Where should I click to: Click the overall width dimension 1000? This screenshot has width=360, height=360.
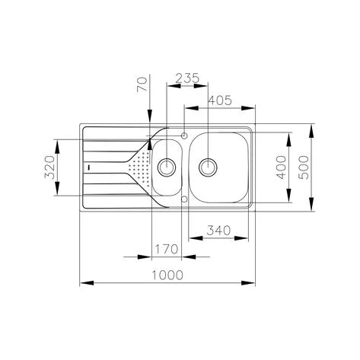tap(167, 275)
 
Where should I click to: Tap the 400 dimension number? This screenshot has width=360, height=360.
tap(281, 165)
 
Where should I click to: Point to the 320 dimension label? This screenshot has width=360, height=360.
tap(49, 166)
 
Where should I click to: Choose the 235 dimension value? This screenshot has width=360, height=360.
tap(186, 78)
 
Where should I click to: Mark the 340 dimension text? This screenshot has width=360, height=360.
tap(218, 229)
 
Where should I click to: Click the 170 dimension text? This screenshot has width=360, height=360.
tap(166, 249)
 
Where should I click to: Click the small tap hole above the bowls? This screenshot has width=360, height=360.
tap(184, 135)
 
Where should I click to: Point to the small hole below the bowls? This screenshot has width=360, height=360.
tap(184, 199)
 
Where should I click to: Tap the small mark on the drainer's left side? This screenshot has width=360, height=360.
tap(89, 166)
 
